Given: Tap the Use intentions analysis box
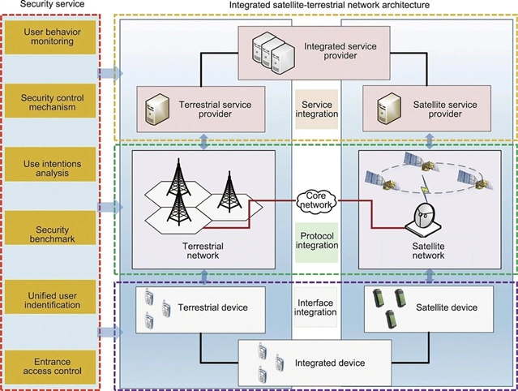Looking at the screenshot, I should pos(51,168).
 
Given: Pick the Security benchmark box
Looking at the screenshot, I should pos(51,232).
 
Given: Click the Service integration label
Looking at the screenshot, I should pos(316,110).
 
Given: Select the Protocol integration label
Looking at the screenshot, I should pos(316,240).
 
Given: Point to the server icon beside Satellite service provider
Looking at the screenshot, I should pos(386,107).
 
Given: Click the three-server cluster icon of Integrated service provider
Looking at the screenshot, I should pos(271,54).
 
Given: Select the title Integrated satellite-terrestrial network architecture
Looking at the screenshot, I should pos(315,6).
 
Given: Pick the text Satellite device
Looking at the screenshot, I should pos(448,307).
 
